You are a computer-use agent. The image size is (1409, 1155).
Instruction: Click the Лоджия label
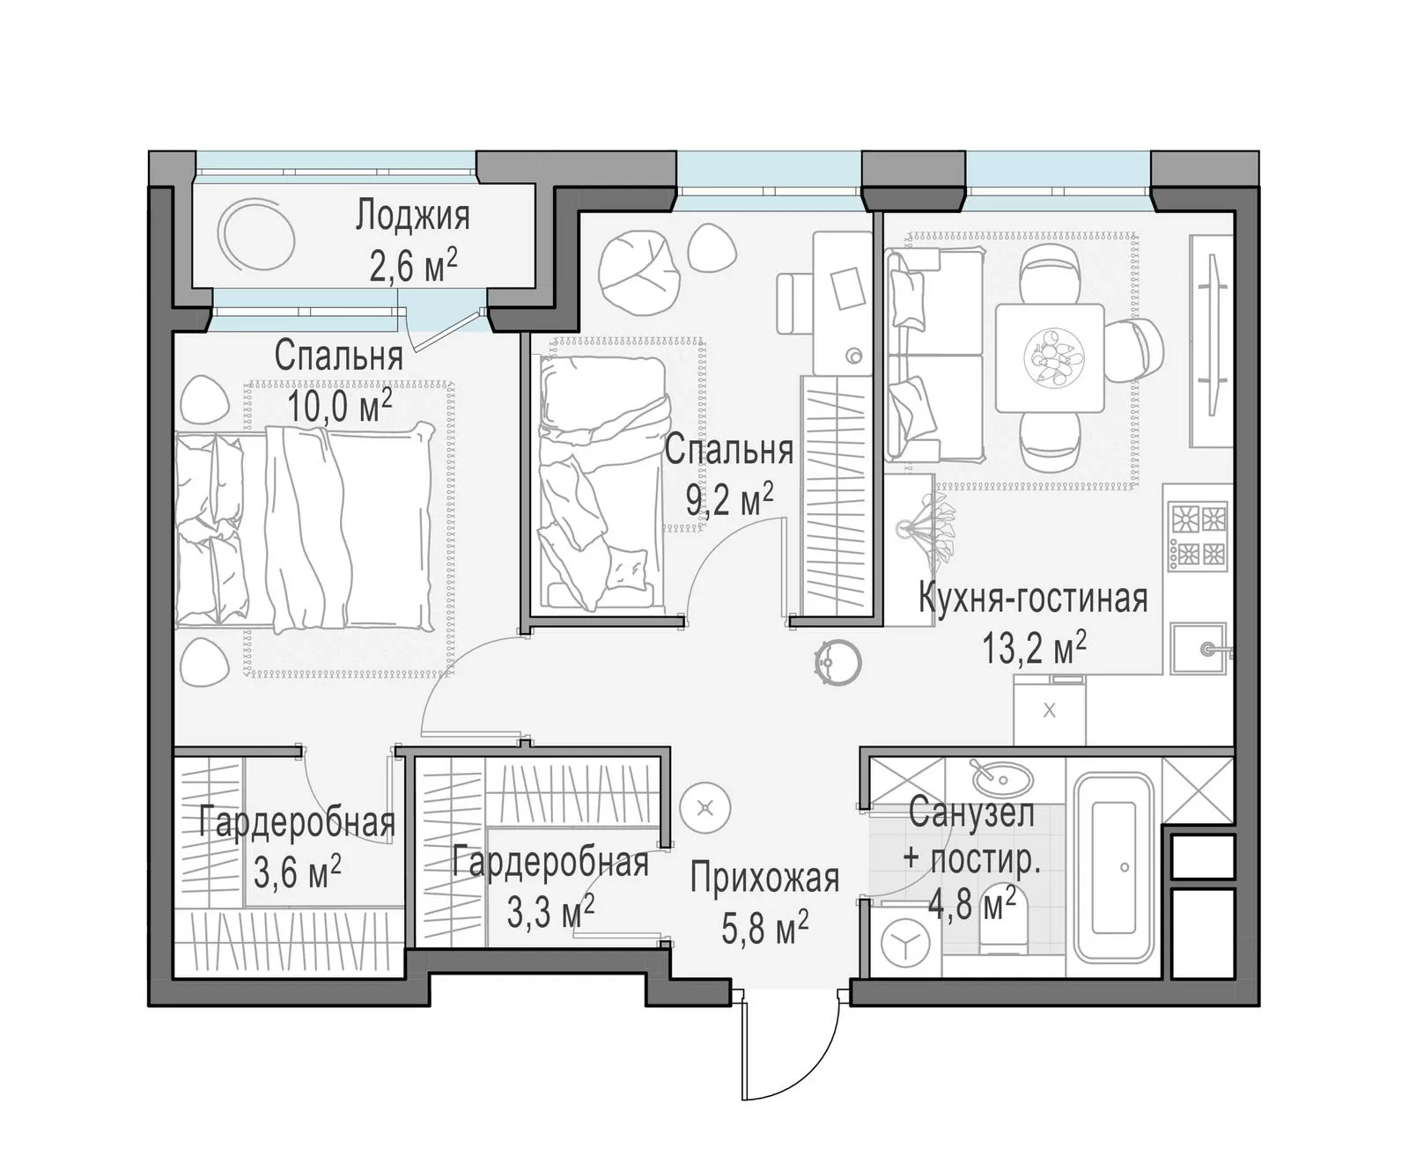pos(412,215)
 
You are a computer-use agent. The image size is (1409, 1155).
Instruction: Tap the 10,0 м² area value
pos(339,405)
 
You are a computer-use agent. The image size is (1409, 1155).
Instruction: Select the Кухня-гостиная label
pos(1033,598)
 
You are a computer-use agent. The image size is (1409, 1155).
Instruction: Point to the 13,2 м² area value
pos(1034,646)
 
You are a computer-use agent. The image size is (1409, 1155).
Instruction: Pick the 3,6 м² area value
pos(298,872)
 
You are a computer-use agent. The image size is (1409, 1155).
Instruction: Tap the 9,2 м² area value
pos(729,498)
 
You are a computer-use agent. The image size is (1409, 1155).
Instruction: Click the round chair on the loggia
pos(256,235)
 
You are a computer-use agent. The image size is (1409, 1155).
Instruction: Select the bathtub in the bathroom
pos(1114,867)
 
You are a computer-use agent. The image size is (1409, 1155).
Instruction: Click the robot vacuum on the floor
pos(838,663)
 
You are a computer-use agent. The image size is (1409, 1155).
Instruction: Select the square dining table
pos(1050,358)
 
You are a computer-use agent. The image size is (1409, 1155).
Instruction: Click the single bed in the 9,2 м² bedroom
pos(601,482)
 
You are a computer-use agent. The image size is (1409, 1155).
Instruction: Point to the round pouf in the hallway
pos(705,808)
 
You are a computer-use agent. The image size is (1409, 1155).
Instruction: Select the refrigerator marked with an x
pos(1050,710)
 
